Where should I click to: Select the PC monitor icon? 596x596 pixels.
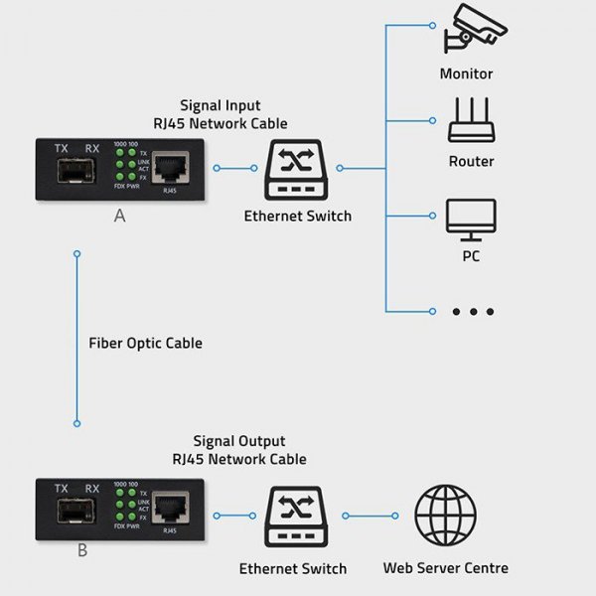tap(471, 219)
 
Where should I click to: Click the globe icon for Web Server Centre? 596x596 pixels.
tap(445, 516)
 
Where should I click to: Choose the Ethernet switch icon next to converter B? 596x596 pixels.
tap(292, 517)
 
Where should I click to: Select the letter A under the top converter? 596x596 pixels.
tap(120, 216)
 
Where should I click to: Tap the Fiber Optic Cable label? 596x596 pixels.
tap(146, 343)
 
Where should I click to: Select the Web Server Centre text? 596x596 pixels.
tap(445, 568)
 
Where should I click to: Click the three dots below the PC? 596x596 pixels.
tap(472, 312)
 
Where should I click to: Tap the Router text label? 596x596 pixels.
tap(471, 161)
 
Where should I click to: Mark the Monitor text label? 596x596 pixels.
tap(466, 74)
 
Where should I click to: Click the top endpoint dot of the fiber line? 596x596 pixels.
tap(76, 254)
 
